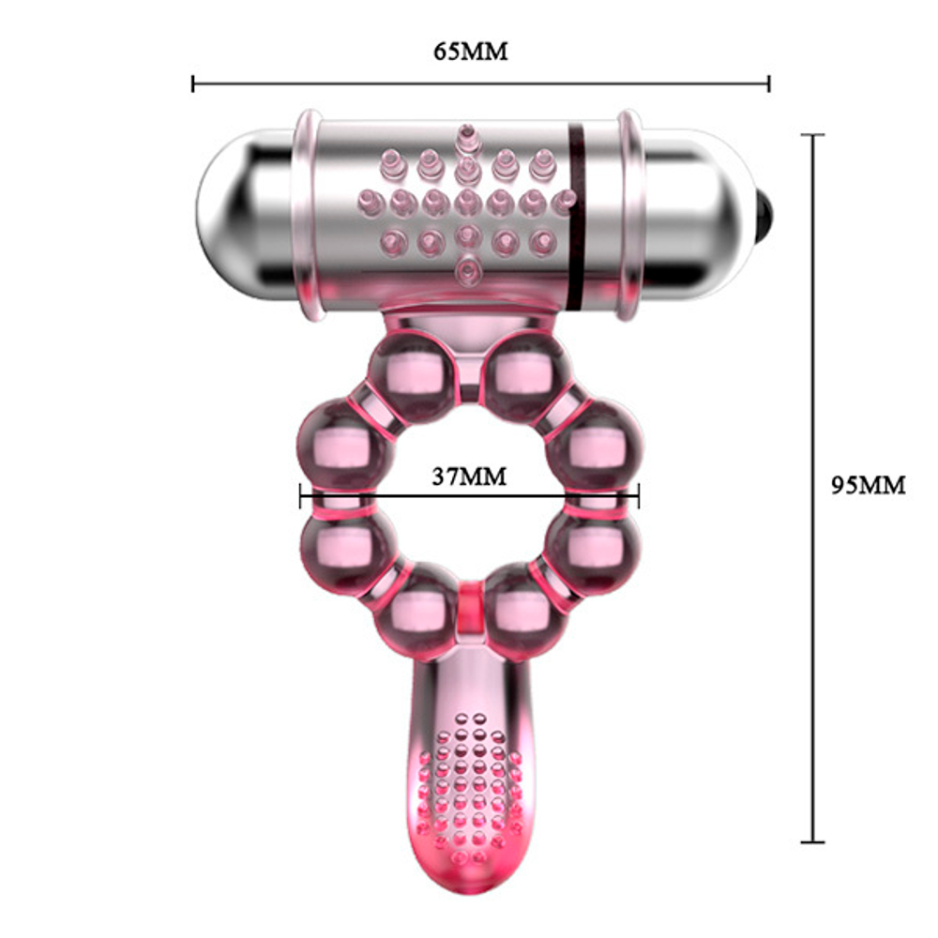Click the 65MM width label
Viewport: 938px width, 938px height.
[x=470, y=51]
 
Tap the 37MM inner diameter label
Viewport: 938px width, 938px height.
[x=469, y=477]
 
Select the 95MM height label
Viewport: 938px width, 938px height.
[x=869, y=485]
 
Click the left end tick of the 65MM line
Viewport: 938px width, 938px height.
[x=193, y=83]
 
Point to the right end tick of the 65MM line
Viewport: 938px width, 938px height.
[x=769, y=83]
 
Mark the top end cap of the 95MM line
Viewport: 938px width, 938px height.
[x=812, y=135]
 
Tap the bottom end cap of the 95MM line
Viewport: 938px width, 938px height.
[x=812, y=841]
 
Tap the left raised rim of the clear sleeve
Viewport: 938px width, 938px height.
[x=309, y=216]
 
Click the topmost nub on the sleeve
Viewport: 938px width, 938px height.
[x=464, y=136]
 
